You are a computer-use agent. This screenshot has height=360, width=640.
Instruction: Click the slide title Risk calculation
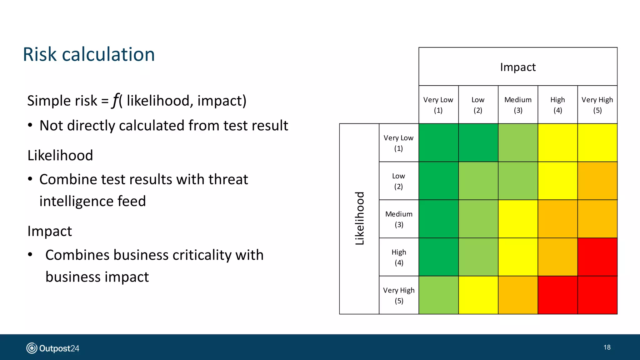(89, 54)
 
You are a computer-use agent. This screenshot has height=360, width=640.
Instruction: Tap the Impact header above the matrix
(518, 67)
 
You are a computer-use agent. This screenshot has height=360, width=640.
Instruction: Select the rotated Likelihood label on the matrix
(360, 218)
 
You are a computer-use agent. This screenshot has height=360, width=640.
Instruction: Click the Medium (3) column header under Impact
(518, 105)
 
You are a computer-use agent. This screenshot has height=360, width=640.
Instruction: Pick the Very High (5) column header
(597, 105)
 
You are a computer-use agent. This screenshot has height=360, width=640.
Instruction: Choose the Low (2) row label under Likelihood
(398, 181)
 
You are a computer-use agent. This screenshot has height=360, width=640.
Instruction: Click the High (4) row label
(399, 257)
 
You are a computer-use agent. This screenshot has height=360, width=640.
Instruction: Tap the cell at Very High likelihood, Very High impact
(597, 295)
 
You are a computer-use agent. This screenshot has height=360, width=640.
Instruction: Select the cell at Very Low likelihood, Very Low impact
(438, 143)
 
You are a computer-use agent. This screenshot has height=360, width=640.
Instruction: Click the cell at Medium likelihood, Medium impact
(518, 219)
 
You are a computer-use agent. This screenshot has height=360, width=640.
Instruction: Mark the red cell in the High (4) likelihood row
(597, 257)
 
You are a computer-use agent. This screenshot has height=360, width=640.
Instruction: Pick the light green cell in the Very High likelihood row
(438, 295)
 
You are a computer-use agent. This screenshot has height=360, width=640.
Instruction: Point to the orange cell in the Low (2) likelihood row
(597, 181)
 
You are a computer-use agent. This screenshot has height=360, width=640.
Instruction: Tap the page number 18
(607, 347)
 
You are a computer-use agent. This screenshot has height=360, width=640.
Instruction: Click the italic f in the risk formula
(116, 100)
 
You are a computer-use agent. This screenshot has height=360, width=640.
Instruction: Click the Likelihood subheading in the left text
(60, 155)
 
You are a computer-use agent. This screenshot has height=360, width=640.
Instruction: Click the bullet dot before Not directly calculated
(30, 126)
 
